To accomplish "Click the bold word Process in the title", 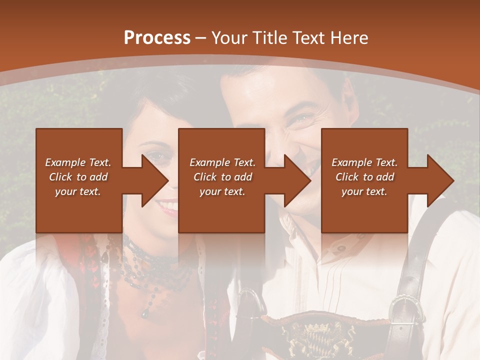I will pyautogui.click(x=157, y=38).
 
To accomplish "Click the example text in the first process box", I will pyautogui.click(x=78, y=177).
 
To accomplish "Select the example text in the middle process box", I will pyautogui.click(x=222, y=177).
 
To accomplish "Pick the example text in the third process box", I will pyautogui.click(x=364, y=177).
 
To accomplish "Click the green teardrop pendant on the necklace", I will pyautogui.click(x=144, y=312).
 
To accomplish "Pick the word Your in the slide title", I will pyautogui.click(x=230, y=38).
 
